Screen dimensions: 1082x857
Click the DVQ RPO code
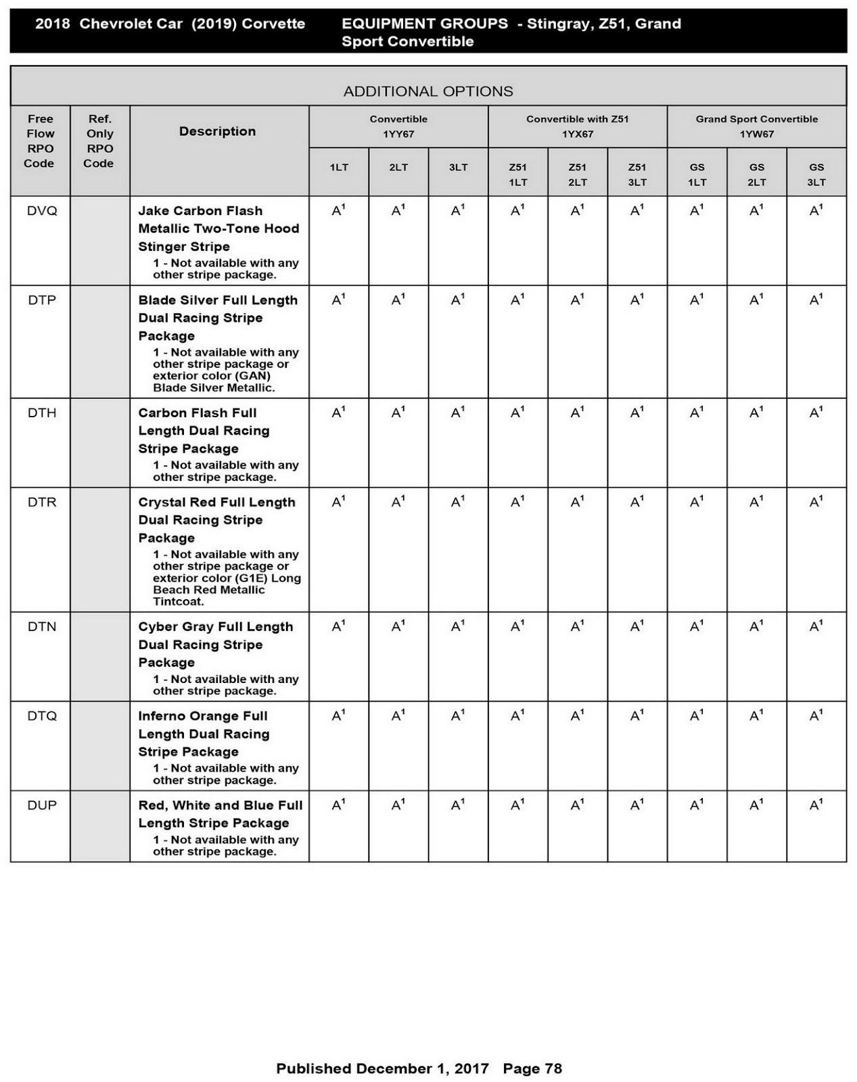[x=42, y=211]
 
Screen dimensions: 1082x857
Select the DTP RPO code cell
[x=42, y=300]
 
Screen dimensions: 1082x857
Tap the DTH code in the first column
[x=42, y=413]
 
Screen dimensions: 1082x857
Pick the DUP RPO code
[x=42, y=805]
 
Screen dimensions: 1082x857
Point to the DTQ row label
[x=42, y=716]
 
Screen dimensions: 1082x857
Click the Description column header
[x=217, y=132]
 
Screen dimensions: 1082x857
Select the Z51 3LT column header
[x=636, y=174]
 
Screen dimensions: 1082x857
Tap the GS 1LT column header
[x=697, y=174]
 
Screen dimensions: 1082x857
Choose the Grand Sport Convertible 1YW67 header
[x=756, y=126]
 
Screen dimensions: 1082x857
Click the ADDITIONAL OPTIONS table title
[x=428, y=91]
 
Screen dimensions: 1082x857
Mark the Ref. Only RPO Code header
[x=99, y=141]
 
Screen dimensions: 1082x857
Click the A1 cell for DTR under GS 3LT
[x=816, y=502]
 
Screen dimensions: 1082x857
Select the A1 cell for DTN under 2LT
[x=398, y=627]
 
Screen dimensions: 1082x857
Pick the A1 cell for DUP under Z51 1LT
[x=517, y=805]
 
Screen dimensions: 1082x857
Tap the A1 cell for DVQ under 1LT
[x=338, y=211]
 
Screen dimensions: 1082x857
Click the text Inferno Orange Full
[x=203, y=716]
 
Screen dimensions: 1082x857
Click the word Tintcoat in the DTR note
[x=178, y=602]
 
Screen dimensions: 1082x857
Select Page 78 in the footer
[x=532, y=1068]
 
